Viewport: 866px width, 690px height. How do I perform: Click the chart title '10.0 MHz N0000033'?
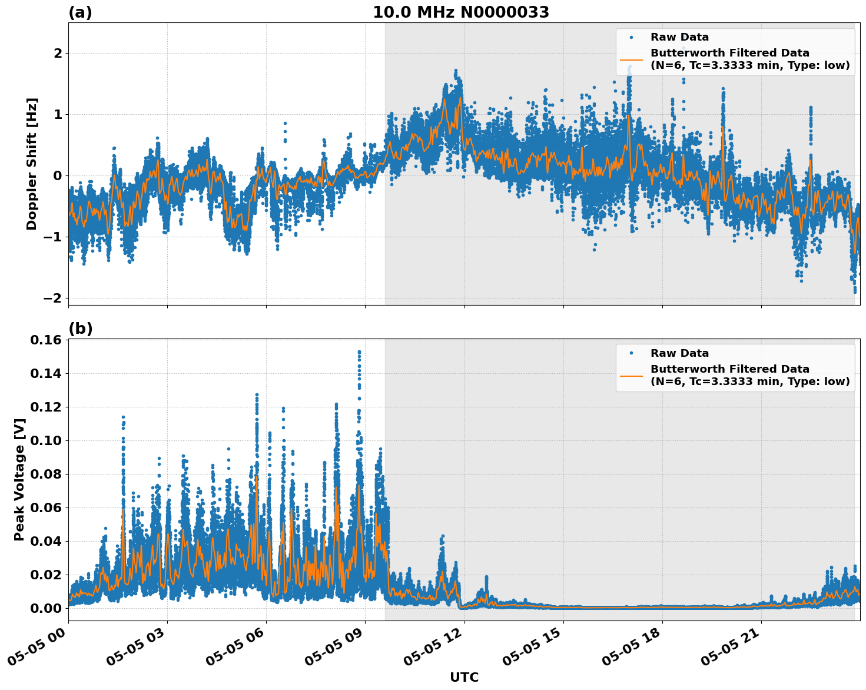click(460, 12)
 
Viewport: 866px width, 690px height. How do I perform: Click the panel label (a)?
click(80, 12)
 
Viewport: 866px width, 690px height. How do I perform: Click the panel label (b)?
click(80, 329)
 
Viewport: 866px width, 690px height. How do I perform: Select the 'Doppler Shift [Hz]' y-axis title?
click(32, 164)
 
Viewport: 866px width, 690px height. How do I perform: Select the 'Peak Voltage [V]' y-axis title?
click(19, 479)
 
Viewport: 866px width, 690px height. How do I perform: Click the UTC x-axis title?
click(464, 677)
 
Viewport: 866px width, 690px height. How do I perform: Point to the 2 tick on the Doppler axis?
click(58, 54)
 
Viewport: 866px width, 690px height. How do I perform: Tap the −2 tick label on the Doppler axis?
click(52, 298)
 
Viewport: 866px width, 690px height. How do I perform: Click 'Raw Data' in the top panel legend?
click(679, 37)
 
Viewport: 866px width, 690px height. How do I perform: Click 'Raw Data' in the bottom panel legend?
click(679, 353)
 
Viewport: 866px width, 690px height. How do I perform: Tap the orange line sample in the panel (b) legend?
click(631, 376)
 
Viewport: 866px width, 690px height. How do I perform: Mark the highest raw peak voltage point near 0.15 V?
click(359, 352)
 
